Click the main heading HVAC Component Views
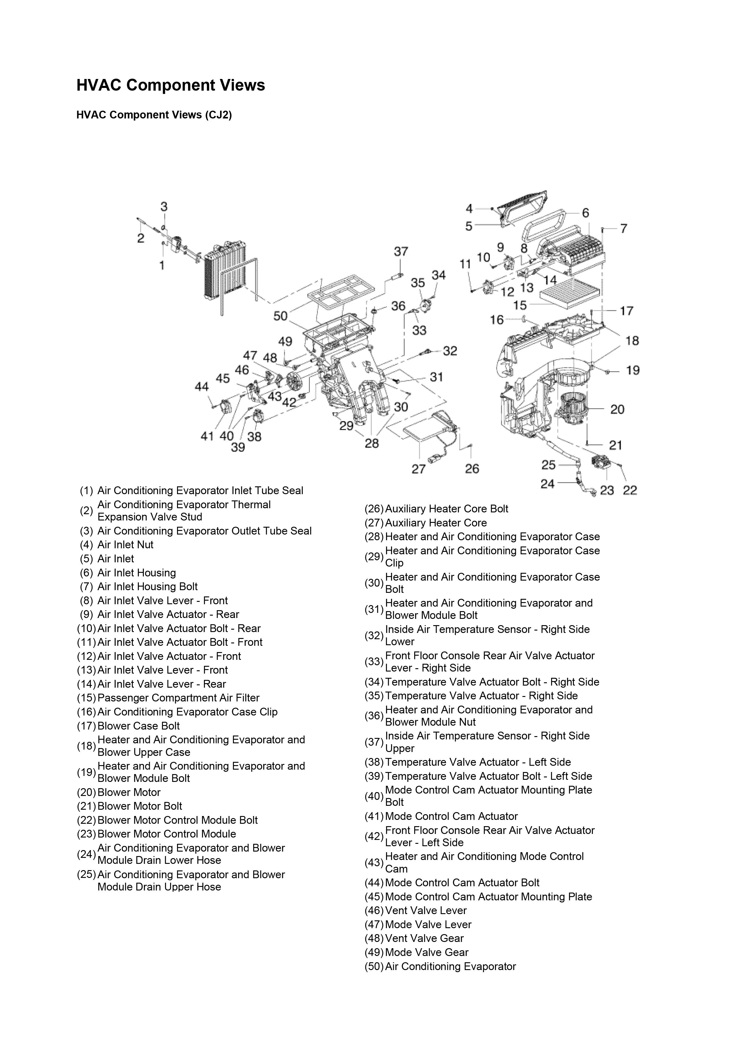(x=170, y=86)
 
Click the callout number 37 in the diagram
(x=401, y=252)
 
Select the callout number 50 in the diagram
(x=280, y=316)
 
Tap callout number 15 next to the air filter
(x=520, y=305)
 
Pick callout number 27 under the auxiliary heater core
(x=418, y=469)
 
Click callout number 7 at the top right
(x=623, y=229)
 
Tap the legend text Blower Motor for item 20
(x=129, y=792)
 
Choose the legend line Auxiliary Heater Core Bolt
(x=446, y=509)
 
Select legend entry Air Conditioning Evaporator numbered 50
(x=450, y=966)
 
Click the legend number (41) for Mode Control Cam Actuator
(x=374, y=816)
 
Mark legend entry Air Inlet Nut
(x=125, y=545)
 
